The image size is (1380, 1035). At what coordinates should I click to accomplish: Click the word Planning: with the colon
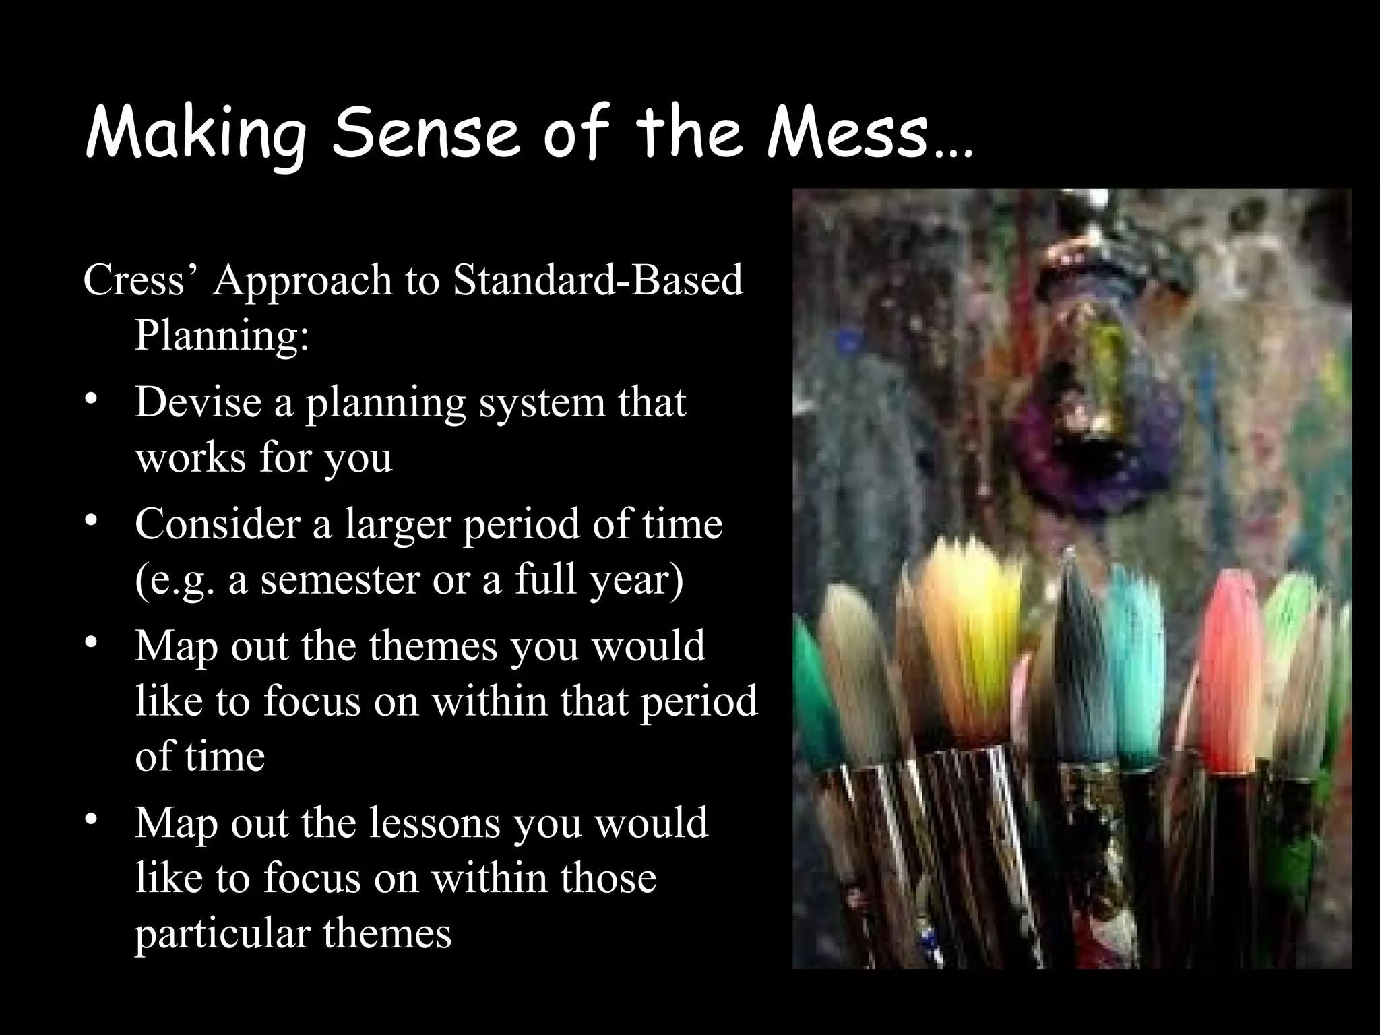[x=222, y=335]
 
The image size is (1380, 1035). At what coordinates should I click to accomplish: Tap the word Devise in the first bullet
[x=198, y=402]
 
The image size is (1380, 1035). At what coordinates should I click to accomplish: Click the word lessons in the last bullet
[x=435, y=823]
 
